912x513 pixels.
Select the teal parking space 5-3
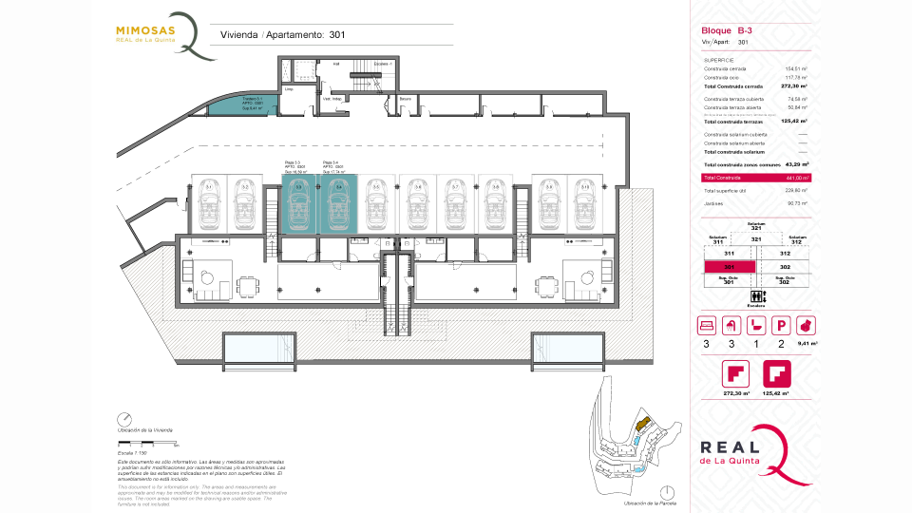[299, 205]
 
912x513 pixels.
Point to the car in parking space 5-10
[585, 205]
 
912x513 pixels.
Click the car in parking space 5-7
[455, 205]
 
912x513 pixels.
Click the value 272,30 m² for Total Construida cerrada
[793, 86]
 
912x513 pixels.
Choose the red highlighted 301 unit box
[729, 268]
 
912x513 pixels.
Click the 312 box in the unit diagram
[785, 255]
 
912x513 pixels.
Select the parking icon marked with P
[781, 324]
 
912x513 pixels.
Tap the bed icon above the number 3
[707, 324]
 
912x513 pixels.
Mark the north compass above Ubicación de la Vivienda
[124, 419]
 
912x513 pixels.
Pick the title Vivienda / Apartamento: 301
[282, 34]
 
